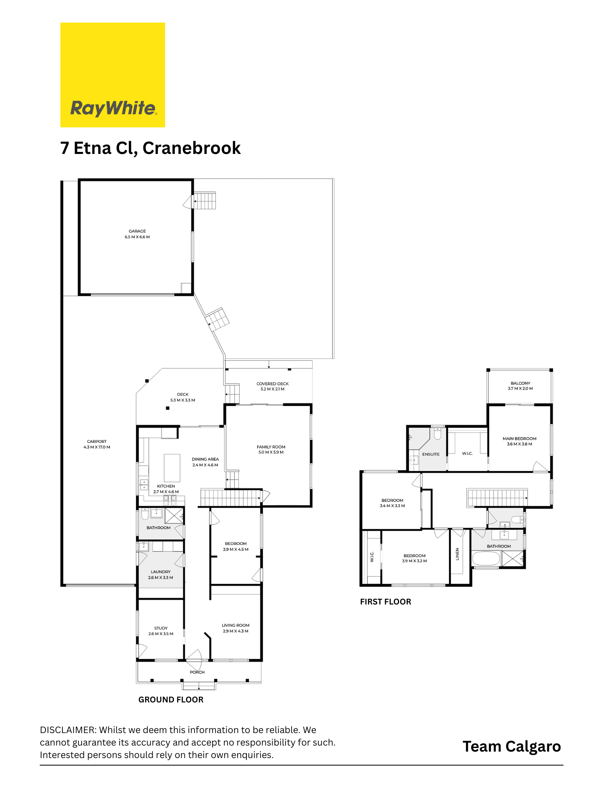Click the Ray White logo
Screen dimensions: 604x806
tap(113, 75)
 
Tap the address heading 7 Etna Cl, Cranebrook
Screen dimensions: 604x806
tap(150, 148)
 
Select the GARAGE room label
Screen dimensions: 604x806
tap(137, 231)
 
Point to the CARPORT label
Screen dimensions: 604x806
tap(97, 442)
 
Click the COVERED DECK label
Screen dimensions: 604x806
tap(273, 384)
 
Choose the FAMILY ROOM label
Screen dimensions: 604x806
tap(271, 447)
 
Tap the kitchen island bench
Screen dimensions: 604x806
tap(172, 468)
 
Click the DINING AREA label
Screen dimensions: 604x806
tap(205, 459)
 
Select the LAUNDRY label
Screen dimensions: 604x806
tap(161, 572)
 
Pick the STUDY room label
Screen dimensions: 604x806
tap(161, 628)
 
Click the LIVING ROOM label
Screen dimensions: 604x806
tap(236, 625)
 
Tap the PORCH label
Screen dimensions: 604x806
tap(197, 672)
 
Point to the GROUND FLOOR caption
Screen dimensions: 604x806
tap(171, 700)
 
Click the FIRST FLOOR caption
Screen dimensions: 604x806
tap(385, 602)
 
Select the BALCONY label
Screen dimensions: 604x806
tap(520, 383)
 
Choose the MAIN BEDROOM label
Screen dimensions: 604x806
tap(519, 438)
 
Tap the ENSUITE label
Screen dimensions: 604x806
tap(431, 454)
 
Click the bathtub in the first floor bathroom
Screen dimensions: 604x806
tap(486, 559)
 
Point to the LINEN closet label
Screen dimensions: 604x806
tap(457, 554)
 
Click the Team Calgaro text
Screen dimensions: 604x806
tap(511, 747)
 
